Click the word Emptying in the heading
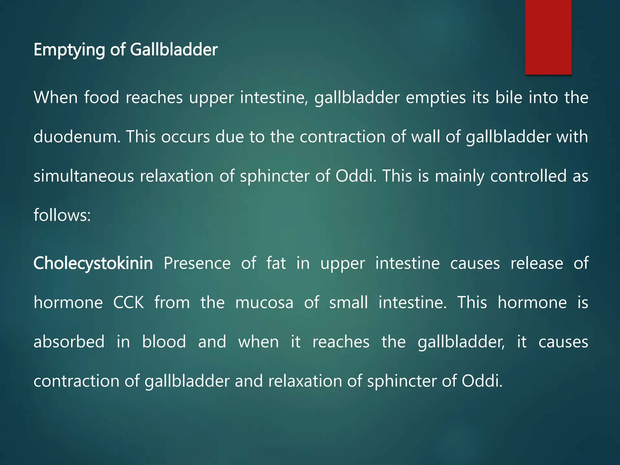pyautogui.click(x=69, y=50)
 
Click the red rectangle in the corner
pyautogui.click(x=548, y=37)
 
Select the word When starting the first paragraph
pyautogui.click(x=55, y=97)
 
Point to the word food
pyautogui.click(x=101, y=97)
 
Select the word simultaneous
pyautogui.click(x=84, y=176)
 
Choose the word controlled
pyautogui.click(x=528, y=176)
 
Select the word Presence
pyautogui.click(x=197, y=263)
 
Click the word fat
pyautogui.click(x=276, y=263)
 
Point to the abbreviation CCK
pyautogui.click(x=129, y=302)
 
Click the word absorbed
pyautogui.click(x=69, y=342)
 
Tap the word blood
pyautogui.click(x=164, y=342)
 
